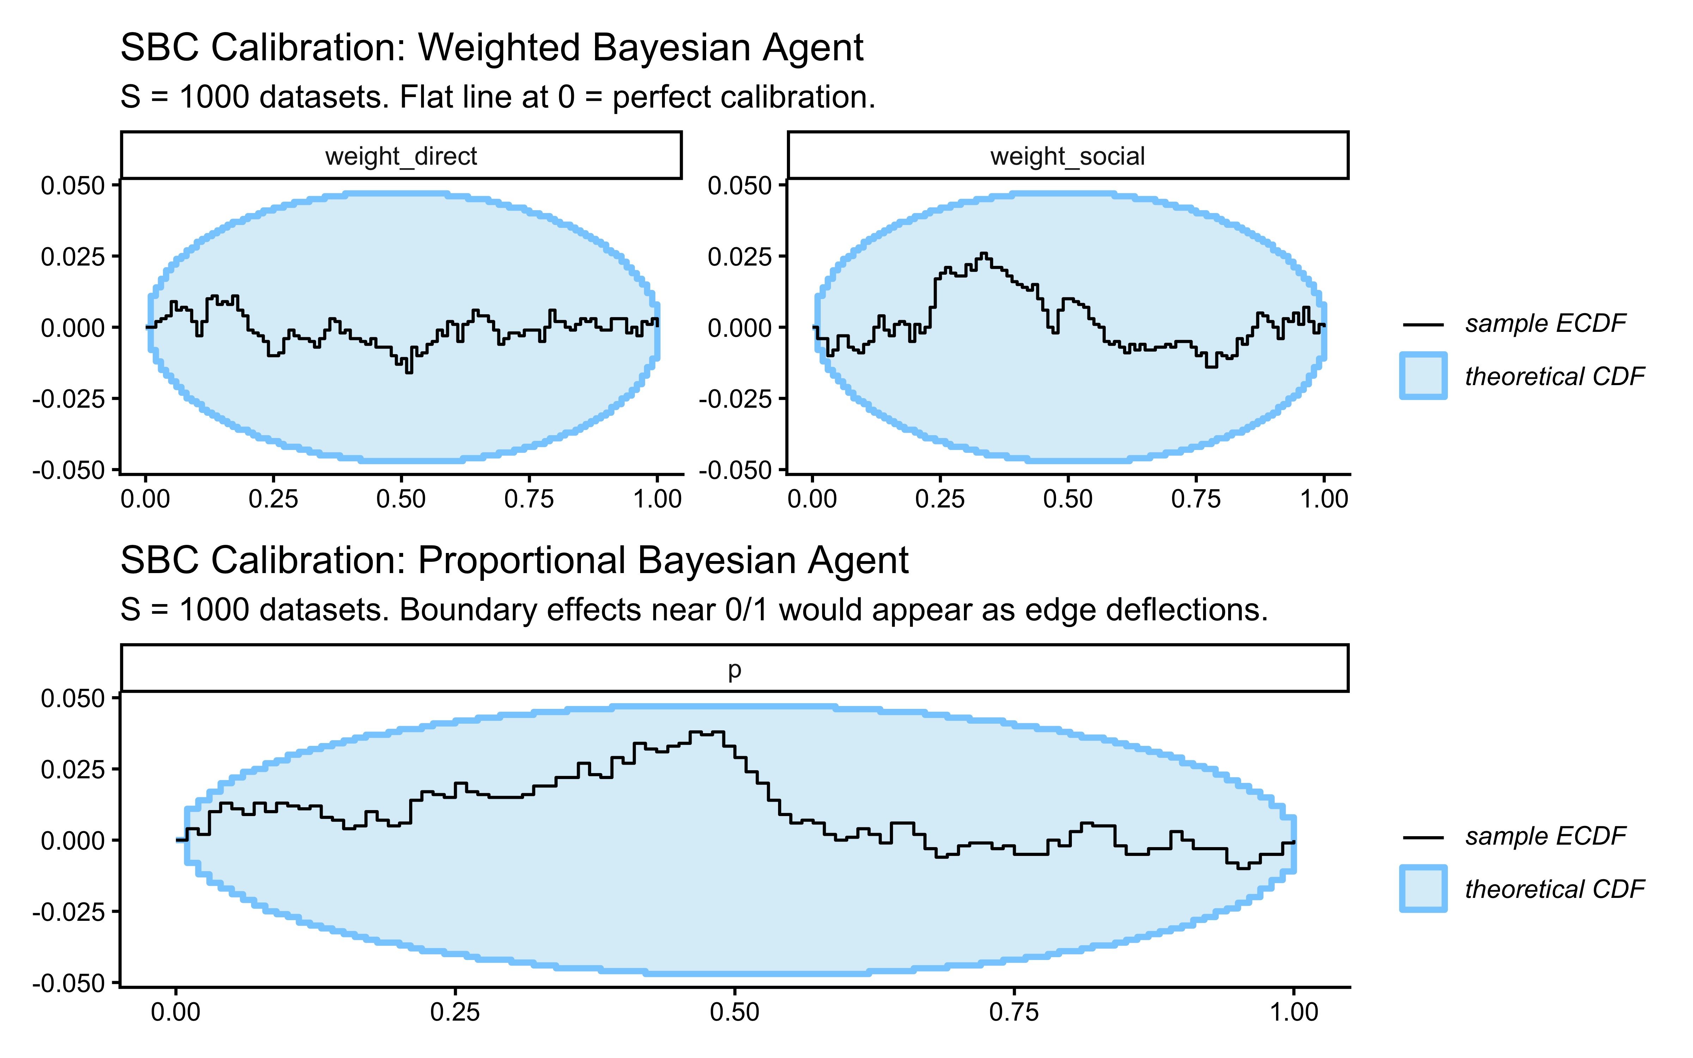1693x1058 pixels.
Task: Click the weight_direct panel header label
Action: click(401, 156)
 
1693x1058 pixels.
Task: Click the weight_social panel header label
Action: click(1068, 156)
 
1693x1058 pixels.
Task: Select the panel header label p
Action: click(734, 670)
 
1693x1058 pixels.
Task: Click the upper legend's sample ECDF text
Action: click(1545, 323)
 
